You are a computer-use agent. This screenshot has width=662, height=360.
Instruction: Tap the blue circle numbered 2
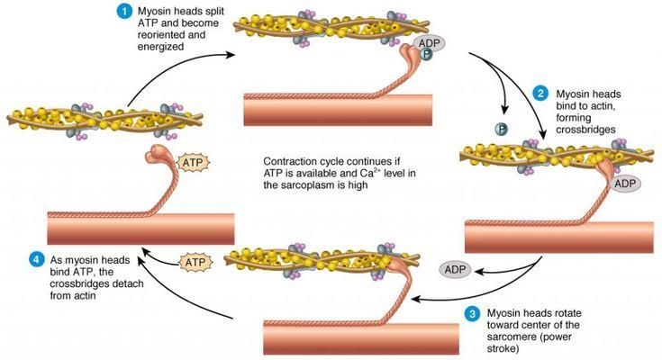coord(540,93)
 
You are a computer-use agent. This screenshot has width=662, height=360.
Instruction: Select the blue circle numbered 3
coord(472,313)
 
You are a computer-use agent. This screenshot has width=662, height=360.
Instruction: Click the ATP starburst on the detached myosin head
coord(194,163)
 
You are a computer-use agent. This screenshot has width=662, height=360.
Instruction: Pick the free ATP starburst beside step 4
coord(194,262)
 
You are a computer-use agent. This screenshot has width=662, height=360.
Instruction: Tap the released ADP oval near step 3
coord(458,268)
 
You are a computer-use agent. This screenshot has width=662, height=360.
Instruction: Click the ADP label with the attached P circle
coord(429,44)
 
